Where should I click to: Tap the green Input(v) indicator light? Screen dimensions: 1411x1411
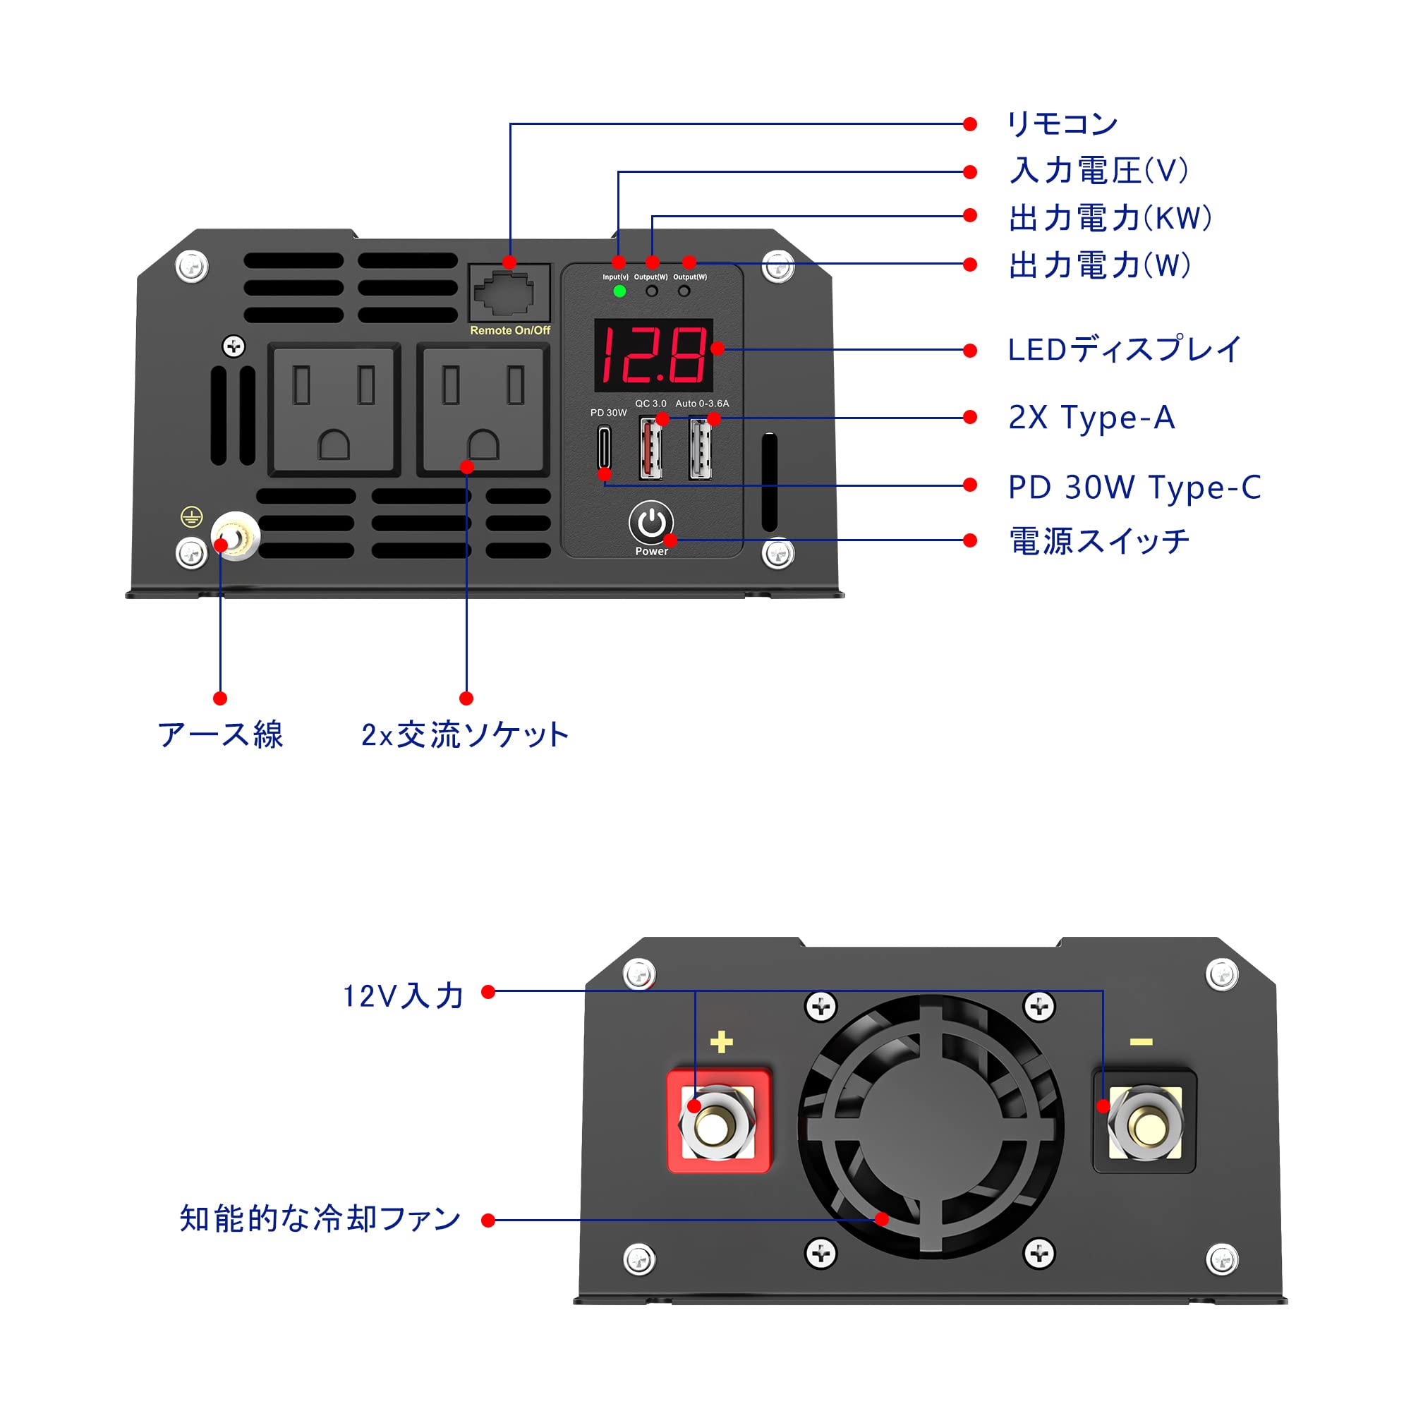pos(619,291)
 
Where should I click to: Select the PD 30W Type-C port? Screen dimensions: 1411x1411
pos(604,448)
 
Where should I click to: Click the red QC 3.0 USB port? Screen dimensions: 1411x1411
pos(650,448)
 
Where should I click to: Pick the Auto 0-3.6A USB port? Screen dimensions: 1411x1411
pos(700,448)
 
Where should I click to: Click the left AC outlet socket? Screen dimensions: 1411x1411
pos(334,410)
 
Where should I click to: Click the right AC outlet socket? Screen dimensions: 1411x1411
pos(483,410)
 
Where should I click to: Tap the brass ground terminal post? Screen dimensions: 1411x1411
pos(236,537)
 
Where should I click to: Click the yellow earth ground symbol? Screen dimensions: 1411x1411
pos(191,517)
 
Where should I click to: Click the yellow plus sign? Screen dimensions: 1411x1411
pos(721,1042)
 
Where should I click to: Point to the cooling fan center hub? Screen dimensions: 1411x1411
pos(930,1125)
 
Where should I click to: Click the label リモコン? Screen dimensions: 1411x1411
pos(1062,124)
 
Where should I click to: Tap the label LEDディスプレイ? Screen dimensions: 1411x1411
pos(1124,349)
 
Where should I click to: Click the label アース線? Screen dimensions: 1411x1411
pos(220,734)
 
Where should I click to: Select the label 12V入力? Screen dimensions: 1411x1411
pos(403,996)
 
